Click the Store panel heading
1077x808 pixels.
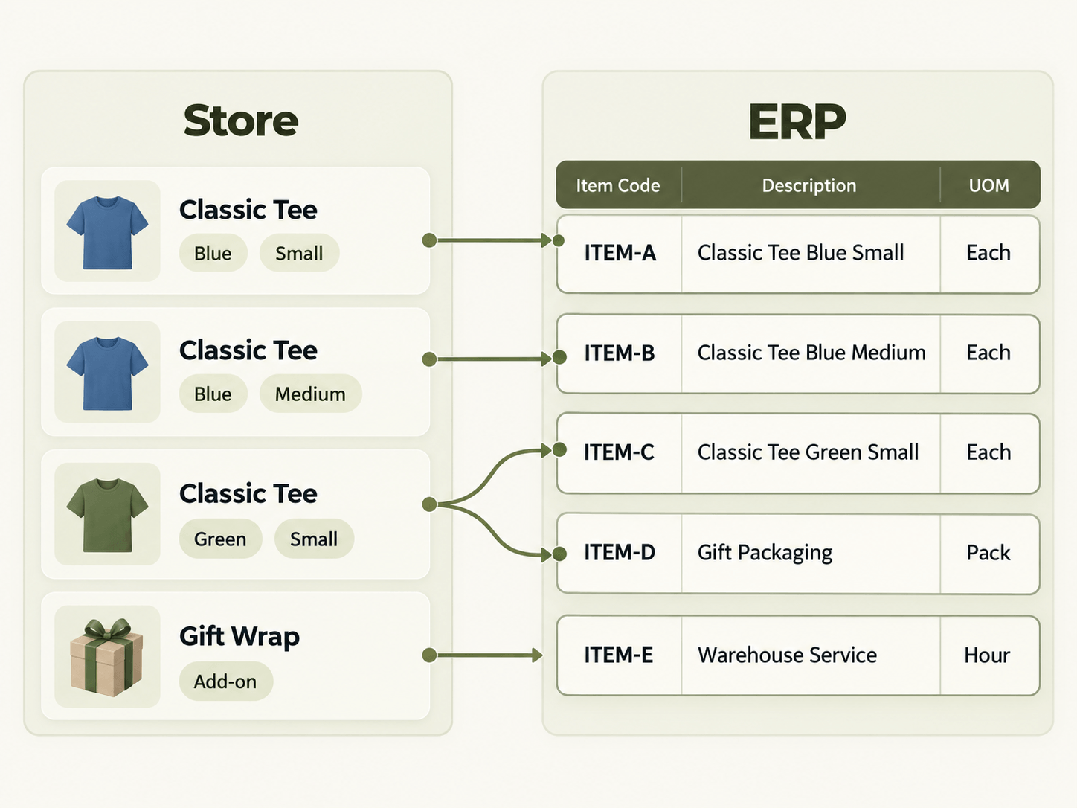(x=240, y=121)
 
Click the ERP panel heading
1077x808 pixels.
(x=797, y=121)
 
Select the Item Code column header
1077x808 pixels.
(x=618, y=185)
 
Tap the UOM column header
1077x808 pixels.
(x=988, y=185)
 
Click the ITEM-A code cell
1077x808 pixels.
(x=620, y=253)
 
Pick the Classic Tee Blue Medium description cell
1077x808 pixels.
(x=811, y=353)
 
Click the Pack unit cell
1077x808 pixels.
(x=988, y=553)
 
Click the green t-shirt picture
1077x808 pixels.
(x=107, y=515)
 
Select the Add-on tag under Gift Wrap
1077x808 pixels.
(x=225, y=682)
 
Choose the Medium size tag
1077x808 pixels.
(x=310, y=394)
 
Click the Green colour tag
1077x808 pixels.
(x=220, y=539)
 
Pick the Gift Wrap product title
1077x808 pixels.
(x=239, y=637)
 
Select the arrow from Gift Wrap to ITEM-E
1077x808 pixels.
(x=483, y=655)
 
